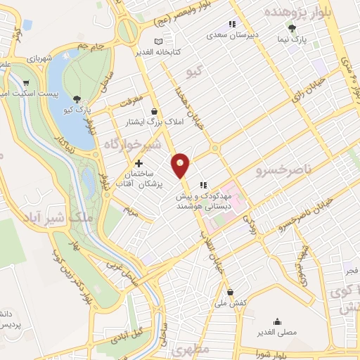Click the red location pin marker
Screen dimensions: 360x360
click(181, 164)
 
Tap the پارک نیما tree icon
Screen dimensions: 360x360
click(292, 28)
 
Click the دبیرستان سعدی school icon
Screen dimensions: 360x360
click(231, 25)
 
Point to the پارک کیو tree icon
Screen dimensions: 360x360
click(77, 99)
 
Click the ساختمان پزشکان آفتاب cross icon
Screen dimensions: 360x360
click(139, 163)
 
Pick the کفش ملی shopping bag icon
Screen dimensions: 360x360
click(230, 292)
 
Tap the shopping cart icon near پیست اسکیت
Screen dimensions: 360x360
click(26, 82)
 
